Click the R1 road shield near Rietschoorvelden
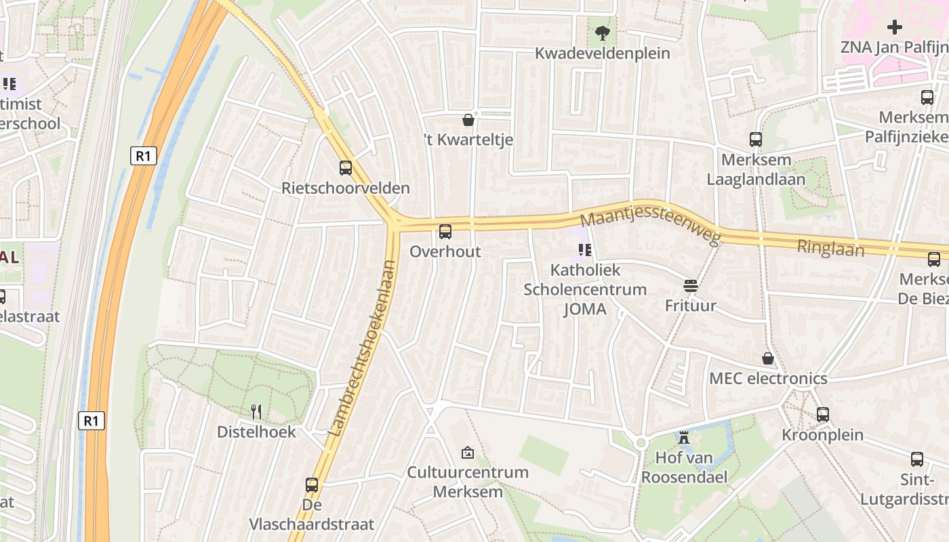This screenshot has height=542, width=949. [143, 156]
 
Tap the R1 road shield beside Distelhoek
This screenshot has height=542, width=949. [92, 421]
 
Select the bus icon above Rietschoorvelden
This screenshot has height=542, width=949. [346, 167]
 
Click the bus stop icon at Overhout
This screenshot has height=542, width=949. [445, 232]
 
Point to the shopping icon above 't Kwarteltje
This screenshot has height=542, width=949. [468, 120]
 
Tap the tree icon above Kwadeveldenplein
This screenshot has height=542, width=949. [602, 32]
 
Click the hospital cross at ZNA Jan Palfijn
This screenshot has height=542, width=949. [895, 27]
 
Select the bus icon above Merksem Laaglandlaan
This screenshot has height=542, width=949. [756, 140]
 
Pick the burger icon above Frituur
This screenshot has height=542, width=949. [691, 286]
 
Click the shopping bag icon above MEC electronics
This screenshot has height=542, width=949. [768, 358]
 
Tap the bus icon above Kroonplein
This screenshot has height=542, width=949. [823, 414]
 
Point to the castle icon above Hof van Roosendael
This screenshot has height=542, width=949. [684, 438]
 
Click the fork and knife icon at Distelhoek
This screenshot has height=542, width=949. [256, 411]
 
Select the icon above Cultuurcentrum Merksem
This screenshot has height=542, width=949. [468, 452]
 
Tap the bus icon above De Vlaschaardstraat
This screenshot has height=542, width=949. [312, 485]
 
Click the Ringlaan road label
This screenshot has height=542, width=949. [830, 247]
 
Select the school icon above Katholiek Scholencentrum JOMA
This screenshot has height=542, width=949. [585, 250]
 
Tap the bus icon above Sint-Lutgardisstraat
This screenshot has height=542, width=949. [917, 459]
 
